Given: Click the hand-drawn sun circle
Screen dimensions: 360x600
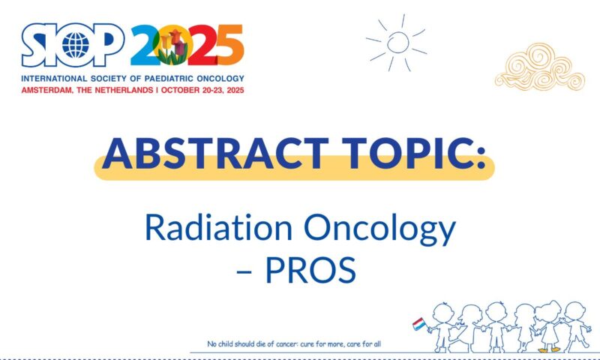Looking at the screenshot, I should [x=397, y=42].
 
